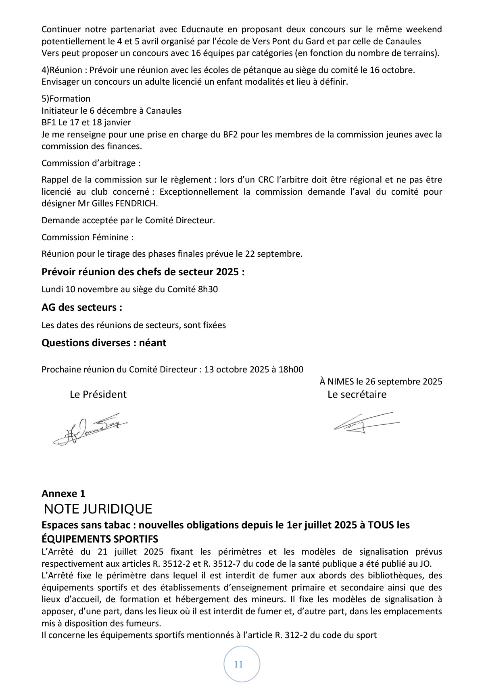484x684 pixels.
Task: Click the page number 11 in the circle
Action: [238, 664]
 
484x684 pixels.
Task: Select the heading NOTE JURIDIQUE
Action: [98, 509]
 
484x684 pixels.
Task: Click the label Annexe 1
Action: [63, 493]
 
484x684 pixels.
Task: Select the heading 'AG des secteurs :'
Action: [82, 307]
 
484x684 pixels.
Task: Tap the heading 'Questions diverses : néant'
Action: [104, 343]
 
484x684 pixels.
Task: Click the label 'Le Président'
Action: [98, 394]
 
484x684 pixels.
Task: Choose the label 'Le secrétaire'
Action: [357, 394]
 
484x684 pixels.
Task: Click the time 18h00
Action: [290, 369]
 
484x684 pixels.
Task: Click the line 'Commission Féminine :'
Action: [88, 237]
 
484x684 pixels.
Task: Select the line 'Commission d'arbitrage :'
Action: [91, 163]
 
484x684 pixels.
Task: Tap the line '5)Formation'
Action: [66, 99]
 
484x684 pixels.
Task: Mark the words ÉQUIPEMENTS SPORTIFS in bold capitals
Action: [100, 539]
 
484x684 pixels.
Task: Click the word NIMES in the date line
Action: [340, 381]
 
